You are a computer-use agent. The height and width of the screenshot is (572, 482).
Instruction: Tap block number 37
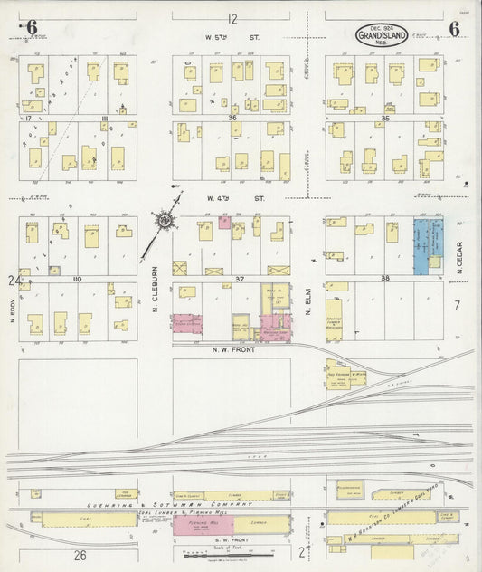pyautogui.click(x=241, y=280)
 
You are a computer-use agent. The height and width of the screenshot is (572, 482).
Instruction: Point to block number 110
pyautogui.click(x=78, y=280)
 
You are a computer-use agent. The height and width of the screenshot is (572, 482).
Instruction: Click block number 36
pyautogui.click(x=232, y=118)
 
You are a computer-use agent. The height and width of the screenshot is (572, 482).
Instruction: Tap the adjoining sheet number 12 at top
pyautogui.click(x=232, y=19)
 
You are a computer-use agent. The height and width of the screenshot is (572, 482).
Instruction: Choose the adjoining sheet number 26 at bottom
pyautogui.click(x=80, y=554)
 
